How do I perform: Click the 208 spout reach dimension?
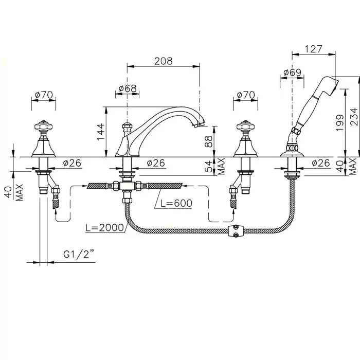tap(163, 60)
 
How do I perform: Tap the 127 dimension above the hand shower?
tap(313, 49)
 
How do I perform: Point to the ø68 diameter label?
tap(127, 88)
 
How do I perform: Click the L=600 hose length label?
tap(176, 203)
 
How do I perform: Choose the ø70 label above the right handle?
tap(245, 95)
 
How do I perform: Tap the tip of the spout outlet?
tap(201, 124)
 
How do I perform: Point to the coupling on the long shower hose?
tap(237, 231)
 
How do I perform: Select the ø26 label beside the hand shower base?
tap(320, 163)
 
